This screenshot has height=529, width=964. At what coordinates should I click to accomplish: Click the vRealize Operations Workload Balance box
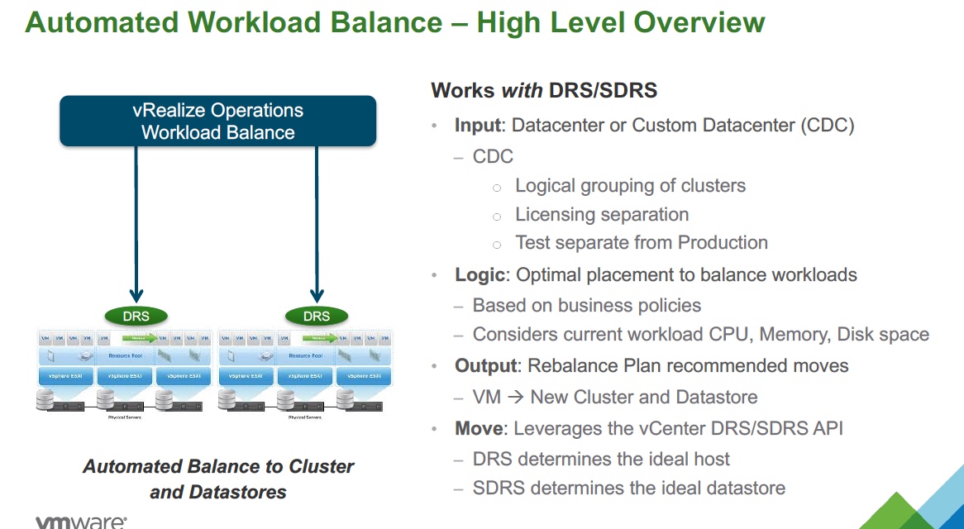(x=218, y=122)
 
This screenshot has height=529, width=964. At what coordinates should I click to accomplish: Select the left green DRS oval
(x=137, y=316)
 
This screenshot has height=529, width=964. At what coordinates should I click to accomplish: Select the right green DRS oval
(x=316, y=316)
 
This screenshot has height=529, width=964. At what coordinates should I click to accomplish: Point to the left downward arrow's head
(x=137, y=295)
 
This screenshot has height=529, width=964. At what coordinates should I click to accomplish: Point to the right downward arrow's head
(x=316, y=295)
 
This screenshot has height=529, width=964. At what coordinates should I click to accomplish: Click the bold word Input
(x=477, y=126)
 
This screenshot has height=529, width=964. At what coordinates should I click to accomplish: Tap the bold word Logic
(x=479, y=274)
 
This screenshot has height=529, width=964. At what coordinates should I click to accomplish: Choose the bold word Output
(x=485, y=365)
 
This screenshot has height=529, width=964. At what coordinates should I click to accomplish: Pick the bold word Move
(x=478, y=428)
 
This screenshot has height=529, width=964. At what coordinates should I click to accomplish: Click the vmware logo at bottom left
(x=81, y=522)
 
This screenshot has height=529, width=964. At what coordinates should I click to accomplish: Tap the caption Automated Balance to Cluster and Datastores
(x=218, y=479)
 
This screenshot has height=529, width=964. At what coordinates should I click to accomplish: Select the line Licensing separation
(x=602, y=215)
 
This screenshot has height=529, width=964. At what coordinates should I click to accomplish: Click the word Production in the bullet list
(x=723, y=243)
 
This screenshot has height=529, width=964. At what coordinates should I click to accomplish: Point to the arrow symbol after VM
(x=516, y=398)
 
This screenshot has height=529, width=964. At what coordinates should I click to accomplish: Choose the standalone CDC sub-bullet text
(x=493, y=156)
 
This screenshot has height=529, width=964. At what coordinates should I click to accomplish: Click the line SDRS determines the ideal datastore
(x=628, y=488)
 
